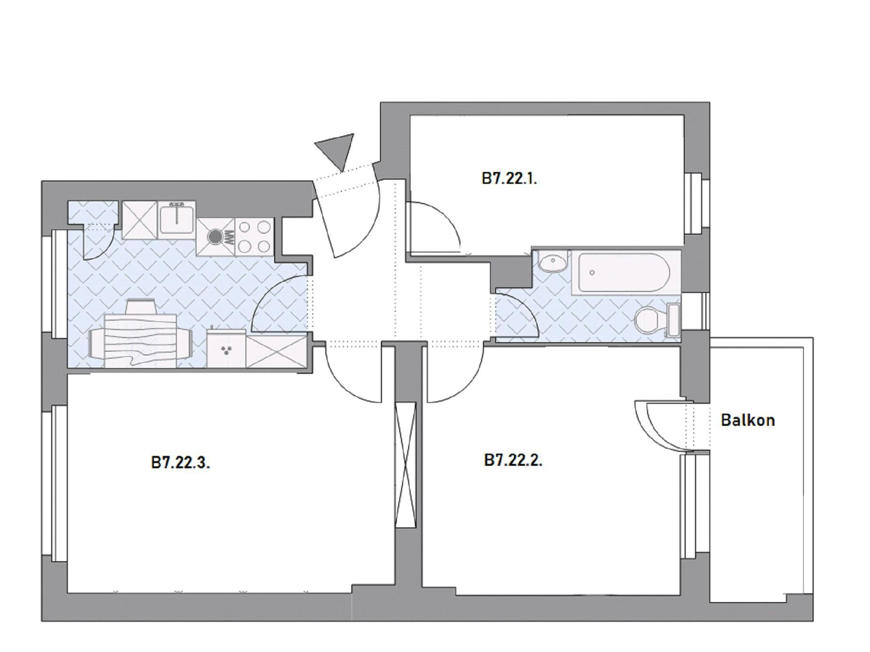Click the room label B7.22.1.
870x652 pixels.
(x=509, y=179)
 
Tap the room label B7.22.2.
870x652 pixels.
(x=513, y=460)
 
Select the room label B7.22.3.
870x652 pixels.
(x=181, y=463)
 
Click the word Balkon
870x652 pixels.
(x=748, y=420)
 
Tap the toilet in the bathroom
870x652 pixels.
(x=656, y=320)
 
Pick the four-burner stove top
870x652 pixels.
(x=254, y=237)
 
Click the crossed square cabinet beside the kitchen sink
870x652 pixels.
(x=139, y=220)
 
